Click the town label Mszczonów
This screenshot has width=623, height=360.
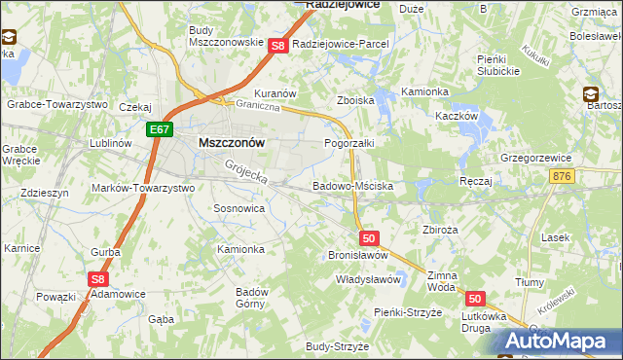(232, 141)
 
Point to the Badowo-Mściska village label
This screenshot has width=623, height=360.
(352, 184)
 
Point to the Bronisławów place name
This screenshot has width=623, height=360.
(357, 255)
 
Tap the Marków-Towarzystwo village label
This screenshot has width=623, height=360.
(142, 188)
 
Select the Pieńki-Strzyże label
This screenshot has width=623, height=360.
(408, 312)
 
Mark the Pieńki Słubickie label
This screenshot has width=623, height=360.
(502, 65)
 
